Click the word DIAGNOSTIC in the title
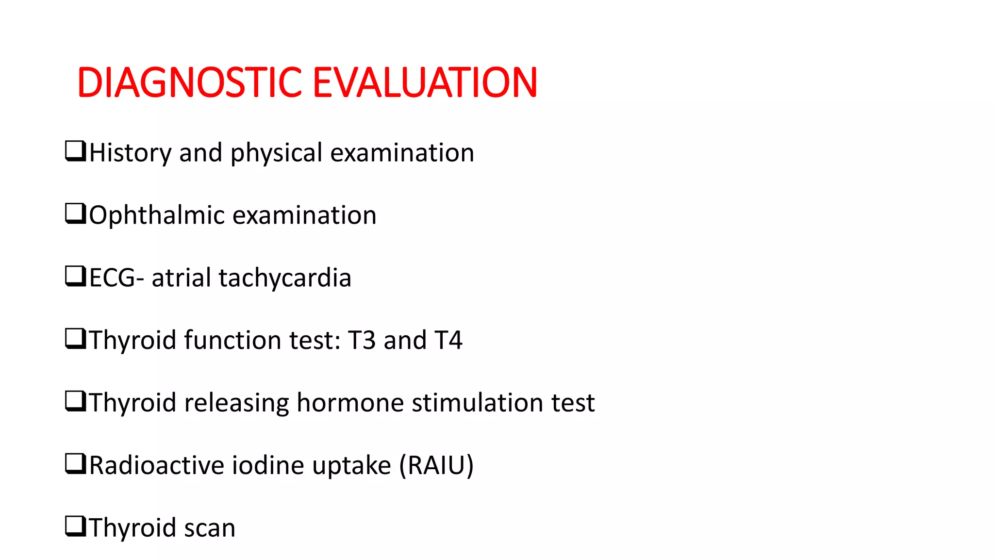190,82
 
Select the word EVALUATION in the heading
425,82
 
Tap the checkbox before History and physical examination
75,151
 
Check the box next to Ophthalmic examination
75,214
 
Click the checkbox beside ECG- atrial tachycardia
75,276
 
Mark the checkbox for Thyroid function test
75,339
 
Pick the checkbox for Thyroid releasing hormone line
75,401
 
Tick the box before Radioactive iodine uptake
75,464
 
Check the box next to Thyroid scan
75,526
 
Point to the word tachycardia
285,278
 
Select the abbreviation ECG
112,278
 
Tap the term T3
362,340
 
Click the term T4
448,340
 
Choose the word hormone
350,403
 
